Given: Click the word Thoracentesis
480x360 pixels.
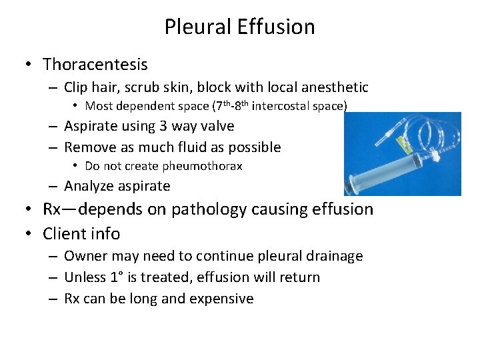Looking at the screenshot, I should pyautogui.click(x=95, y=65).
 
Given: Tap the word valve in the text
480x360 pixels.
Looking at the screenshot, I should pyautogui.click(x=217, y=126).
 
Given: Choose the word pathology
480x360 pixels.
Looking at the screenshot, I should pyautogui.click(x=207, y=209).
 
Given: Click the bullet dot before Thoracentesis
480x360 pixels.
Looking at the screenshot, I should pyautogui.click(x=30, y=65).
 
